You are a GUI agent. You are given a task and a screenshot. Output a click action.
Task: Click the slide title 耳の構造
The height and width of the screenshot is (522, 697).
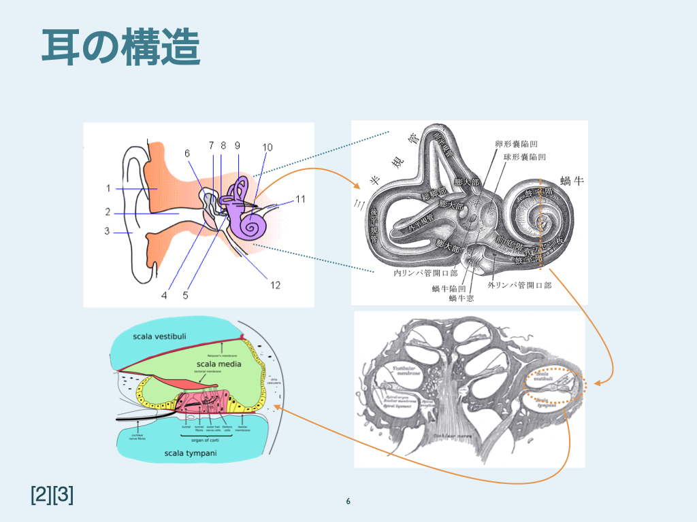tap(120, 47)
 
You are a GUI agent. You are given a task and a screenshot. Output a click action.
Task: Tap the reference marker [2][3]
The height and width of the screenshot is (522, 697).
tap(52, 495)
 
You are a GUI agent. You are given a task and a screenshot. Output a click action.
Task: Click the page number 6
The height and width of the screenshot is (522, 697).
tap(348, 502)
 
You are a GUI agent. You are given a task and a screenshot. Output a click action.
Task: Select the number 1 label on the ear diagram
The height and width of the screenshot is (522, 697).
tap(108, 188)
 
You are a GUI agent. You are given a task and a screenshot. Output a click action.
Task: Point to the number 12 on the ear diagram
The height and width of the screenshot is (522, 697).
tap(275, 285)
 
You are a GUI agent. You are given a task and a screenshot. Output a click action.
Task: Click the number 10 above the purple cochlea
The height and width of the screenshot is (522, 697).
tap(267, 147)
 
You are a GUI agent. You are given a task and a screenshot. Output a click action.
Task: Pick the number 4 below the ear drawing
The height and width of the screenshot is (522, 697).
tap(164, 295)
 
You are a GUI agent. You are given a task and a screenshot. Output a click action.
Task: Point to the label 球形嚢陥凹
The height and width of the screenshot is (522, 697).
tap(524, 157)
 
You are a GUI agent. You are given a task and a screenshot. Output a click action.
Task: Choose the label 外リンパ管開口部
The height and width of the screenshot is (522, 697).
tap(519, 285)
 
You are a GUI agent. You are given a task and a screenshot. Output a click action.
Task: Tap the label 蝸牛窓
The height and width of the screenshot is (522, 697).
tap(461, 298)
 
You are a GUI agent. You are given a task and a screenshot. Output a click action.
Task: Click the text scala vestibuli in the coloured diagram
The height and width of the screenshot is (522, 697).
tap(159, 336)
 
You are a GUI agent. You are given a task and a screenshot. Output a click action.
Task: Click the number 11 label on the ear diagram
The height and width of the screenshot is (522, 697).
tap(301, 198)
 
